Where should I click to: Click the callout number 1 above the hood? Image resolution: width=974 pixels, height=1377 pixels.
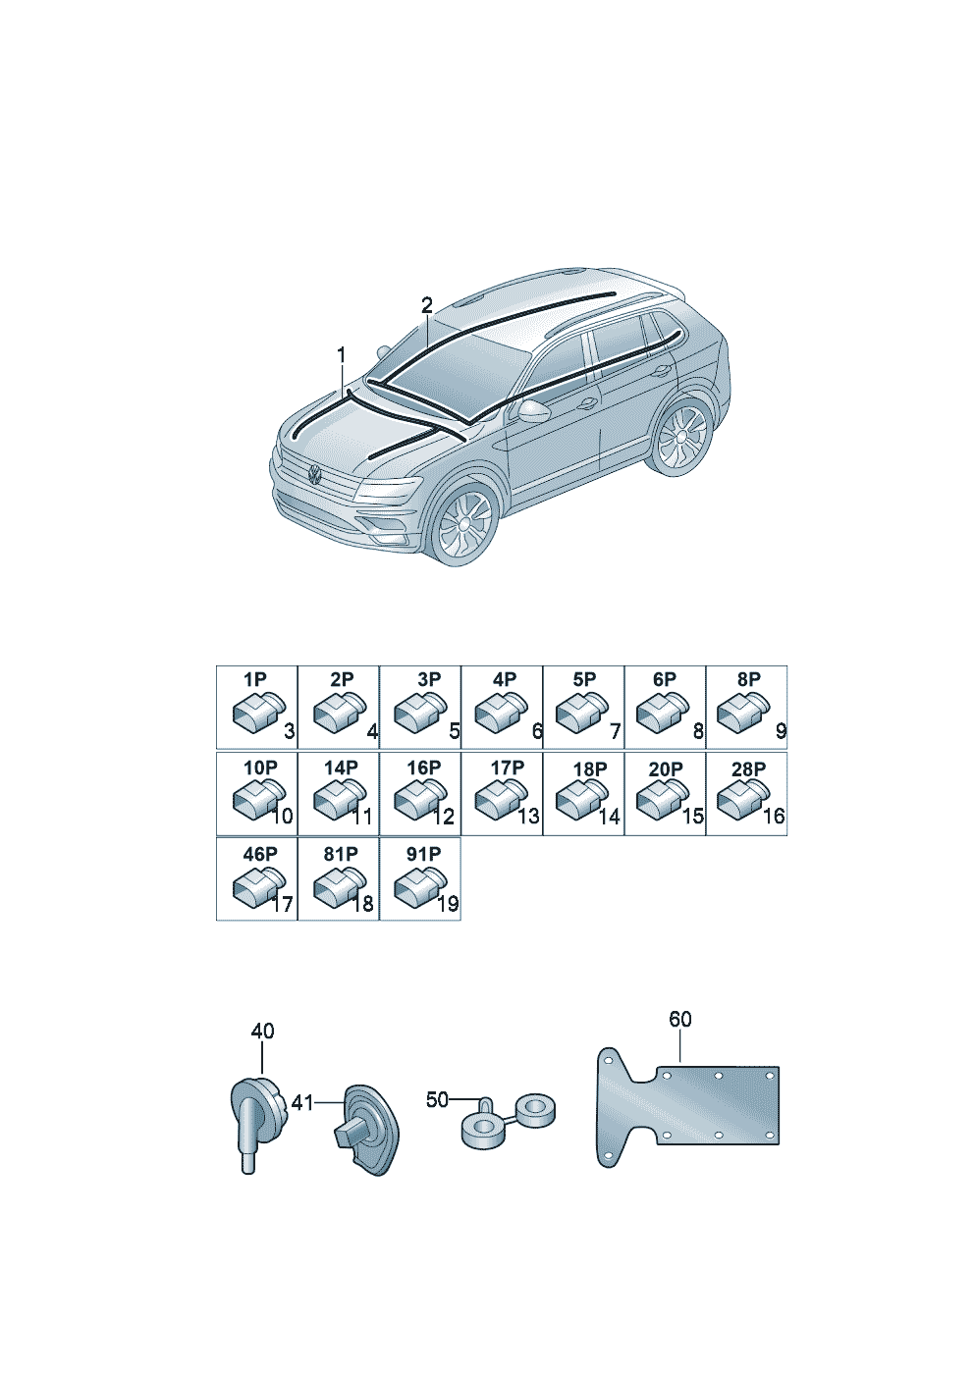[x=341, y=355]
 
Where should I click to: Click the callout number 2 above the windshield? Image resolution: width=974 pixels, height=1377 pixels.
[x=427, y=305]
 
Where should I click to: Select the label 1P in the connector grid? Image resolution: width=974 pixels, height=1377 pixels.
[x=255, y=679]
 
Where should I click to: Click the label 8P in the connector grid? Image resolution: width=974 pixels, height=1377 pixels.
[x=749, y=679]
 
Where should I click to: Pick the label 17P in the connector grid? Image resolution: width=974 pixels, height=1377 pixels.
[x=508, y=768]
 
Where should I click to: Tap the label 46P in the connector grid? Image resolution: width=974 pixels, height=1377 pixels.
[x=260, y=854]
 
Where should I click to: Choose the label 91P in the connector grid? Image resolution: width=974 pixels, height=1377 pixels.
[x=423, y=854]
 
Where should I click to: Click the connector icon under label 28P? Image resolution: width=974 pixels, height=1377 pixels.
[x=743, y=798]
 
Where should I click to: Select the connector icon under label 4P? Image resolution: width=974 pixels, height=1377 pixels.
[x=501, y=712]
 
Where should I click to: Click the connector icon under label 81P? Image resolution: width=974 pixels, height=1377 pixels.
[x=340, y=886]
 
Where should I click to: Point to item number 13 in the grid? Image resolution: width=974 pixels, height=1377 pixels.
[x=528, y=817]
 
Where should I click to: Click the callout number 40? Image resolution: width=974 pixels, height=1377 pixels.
[x=262, y=1031]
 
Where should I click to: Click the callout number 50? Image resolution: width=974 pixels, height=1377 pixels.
[x=437, y=1099]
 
